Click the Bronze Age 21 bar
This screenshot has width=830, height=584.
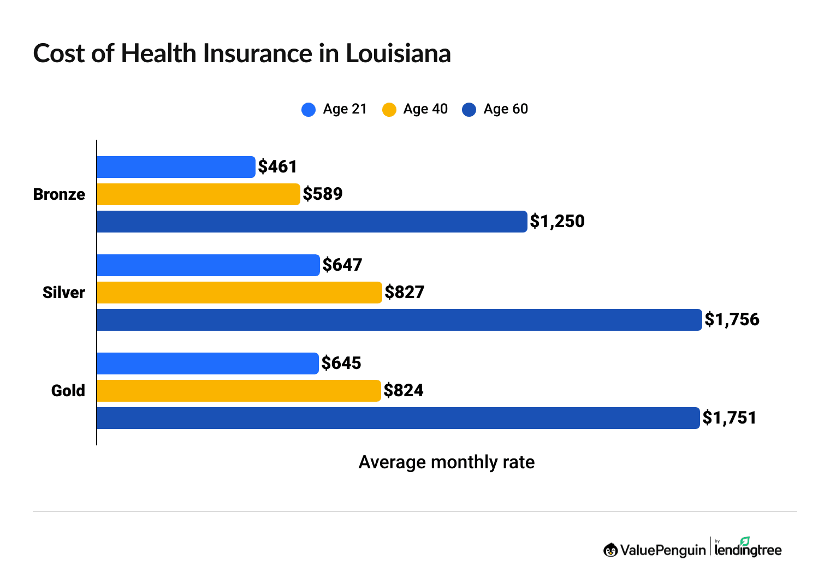(176, 167)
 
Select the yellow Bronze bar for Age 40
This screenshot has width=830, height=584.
(198, 194)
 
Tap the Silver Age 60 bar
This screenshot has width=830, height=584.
(399, 320)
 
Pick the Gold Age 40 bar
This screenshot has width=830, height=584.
(239, 391)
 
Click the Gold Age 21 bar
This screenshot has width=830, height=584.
(207, 363)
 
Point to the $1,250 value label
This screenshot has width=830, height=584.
(557, 222)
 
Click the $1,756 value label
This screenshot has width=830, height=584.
(732, 320)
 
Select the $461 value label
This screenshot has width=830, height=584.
(277, 167)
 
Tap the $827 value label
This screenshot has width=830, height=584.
(404, 293)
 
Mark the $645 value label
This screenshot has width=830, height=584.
(341, 363)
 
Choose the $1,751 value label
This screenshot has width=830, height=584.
(729, 418)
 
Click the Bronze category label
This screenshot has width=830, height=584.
(59, 194)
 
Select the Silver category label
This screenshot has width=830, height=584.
(64, 293)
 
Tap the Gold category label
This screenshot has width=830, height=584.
(68, 391)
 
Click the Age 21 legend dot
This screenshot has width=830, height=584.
(309, 110)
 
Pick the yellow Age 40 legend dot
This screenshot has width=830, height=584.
(389, 110)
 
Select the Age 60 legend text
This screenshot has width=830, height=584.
(506, 109)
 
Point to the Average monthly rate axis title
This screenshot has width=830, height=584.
(446, 462)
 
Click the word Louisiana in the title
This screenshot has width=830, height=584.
(398, 53)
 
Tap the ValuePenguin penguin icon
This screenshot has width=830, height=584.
(610, 550)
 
